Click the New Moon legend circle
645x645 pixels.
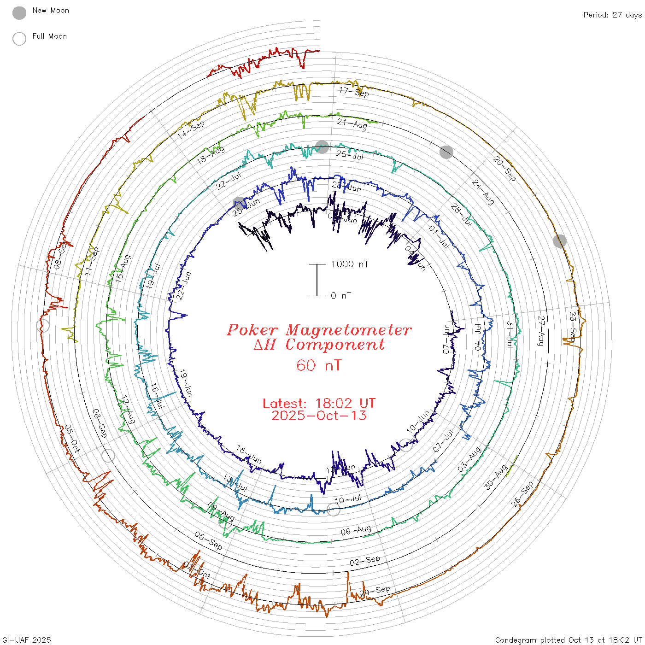coord(19,13)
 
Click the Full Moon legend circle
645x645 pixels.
coord(19,39)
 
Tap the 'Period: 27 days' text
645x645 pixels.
coord(612,15)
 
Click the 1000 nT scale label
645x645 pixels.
coord(350,264)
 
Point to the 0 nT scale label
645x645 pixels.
coord(341,296)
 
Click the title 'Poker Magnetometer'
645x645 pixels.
coord(319,330)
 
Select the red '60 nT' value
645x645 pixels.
coord(319,365)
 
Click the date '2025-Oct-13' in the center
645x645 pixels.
coord(319,416)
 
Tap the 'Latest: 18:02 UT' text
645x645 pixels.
coord(319,404)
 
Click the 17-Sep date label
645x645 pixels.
coord(354,92)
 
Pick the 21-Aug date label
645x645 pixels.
coord(352,124)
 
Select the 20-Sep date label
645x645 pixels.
coord(504,168)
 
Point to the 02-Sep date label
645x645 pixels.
coord(365,561)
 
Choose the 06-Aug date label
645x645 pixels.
coord(356,531)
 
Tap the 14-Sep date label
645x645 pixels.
coord(191,130)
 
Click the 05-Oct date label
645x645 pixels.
coord(72,438)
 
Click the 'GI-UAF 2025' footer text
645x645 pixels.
coord(26,640)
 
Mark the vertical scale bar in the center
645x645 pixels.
coord(317,280)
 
